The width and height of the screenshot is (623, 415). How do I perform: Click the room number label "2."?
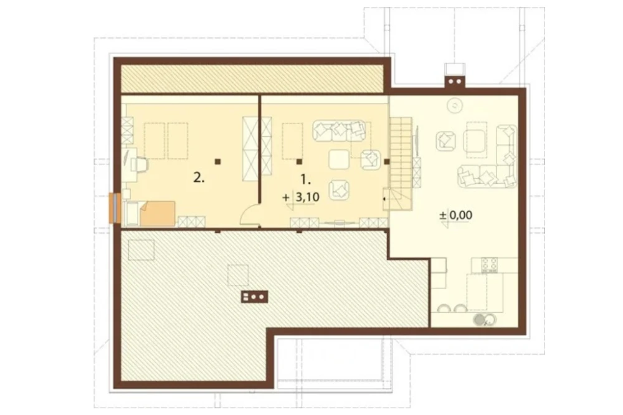click(199, 178)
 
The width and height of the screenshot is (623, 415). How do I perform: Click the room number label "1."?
click(305, 179)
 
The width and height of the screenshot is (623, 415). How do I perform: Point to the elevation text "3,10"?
click(308, 196)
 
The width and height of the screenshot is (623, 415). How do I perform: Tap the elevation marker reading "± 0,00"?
click(456, 216)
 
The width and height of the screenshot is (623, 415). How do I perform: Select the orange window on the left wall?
click(115, 207)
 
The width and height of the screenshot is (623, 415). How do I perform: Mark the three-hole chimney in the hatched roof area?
click(254, 297)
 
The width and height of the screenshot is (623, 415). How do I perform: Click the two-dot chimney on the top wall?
click(455, 82)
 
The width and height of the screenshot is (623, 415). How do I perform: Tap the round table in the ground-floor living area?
click(454, 105)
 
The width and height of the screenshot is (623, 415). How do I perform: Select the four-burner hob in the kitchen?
click(489, 265)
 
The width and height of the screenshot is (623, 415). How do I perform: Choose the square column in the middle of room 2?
click(217, 161)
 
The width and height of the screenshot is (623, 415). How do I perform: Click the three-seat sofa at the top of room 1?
click(339, 131)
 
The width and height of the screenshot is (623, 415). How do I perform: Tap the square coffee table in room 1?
click(339, 160)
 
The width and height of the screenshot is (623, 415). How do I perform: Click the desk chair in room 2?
click(141, 165)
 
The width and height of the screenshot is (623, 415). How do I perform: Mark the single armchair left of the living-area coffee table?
click(446, 141)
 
